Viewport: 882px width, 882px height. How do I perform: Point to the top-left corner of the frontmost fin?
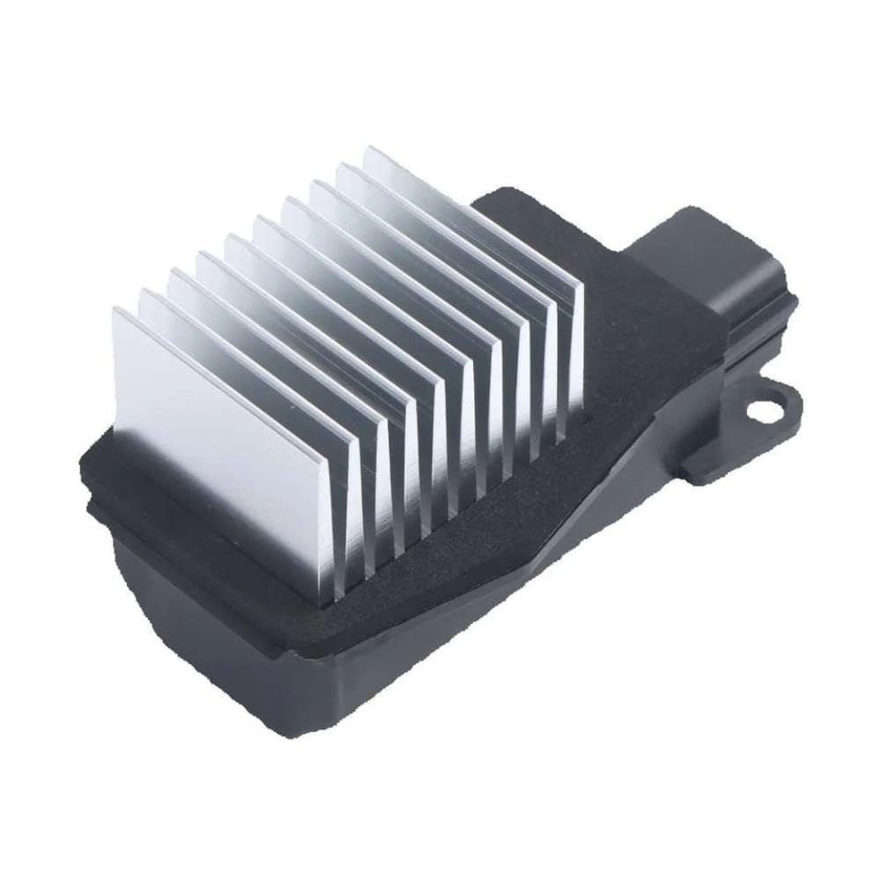click(x=115, y=308)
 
